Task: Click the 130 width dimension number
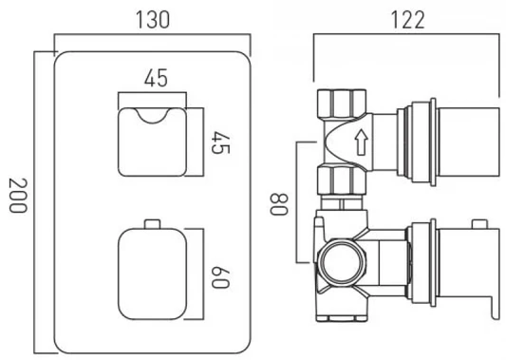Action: click(x=153, y=20)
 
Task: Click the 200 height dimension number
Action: click(x=17, y=196)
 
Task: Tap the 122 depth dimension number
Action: click(x=407, y=20)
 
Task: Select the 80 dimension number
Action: click(x=278, y=204)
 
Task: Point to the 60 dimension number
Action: click(x=220, y=277)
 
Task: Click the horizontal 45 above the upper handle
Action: click(x=156, y=78)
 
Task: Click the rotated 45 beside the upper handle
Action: click(x=220, y=142)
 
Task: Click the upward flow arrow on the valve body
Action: click(x=362, y=142)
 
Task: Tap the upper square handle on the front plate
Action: click(x=152, y=142)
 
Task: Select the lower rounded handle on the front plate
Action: click(x=152, y=275)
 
